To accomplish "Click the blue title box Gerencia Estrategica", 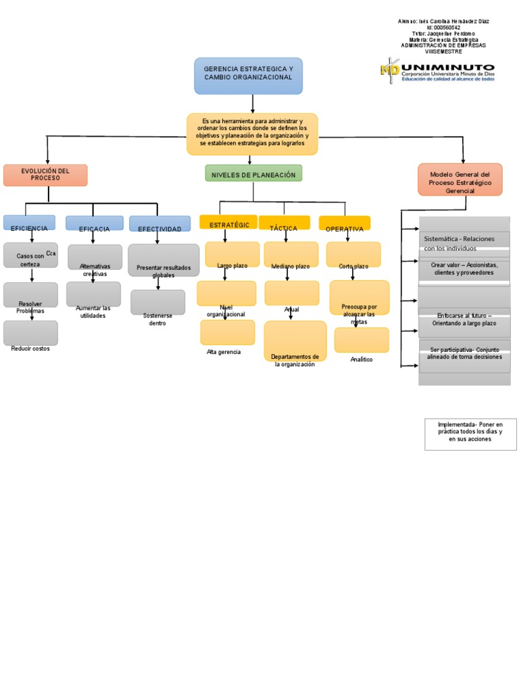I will [x=248, y=75].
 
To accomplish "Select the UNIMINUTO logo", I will [x=437, y=71].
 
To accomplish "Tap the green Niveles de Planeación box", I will [x=253, y=174].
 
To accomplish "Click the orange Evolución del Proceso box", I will [x=45, y=175].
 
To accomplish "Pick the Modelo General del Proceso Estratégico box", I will [x=460, y=179].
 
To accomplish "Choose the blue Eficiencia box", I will [x=29, y=223].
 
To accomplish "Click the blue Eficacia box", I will [x=94, y=224].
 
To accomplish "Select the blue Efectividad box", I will [x=159, y=224].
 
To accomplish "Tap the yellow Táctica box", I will [x=284, y=223].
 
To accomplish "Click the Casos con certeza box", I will [x=30, y=256].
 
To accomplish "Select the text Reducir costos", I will [x=30, y=349].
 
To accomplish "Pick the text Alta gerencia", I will [x=224, y=352].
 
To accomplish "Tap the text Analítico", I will [x=362, y=359].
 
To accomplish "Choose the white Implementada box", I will [x=470, y=434].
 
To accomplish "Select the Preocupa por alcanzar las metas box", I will [x=360, y=298].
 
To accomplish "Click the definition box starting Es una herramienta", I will [x=252, y=134].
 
